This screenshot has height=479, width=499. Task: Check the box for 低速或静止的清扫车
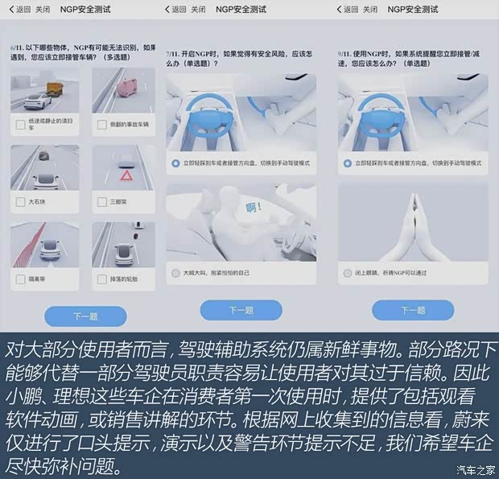coord(20,124)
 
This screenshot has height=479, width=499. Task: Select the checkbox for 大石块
coord(20,201)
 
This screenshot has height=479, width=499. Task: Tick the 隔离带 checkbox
coord(20,279)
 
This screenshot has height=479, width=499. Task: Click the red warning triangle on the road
coord(126,175)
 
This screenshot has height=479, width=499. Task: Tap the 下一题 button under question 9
coord(413,310)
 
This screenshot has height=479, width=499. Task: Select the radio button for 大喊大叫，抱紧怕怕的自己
coord(175,273)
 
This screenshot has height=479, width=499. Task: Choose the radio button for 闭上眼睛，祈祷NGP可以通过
coord(347,273)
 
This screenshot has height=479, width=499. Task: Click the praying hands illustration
coord(413,222)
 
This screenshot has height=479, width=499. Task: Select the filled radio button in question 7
coord(175,163)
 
